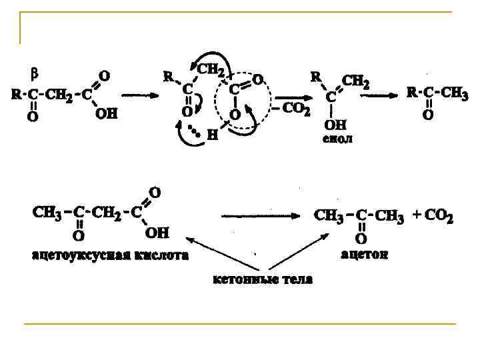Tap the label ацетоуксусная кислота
111,255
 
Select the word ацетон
364,255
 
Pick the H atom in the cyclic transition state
213,135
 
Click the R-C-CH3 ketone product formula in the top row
437,94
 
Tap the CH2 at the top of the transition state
211,69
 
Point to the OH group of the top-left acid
106,114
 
